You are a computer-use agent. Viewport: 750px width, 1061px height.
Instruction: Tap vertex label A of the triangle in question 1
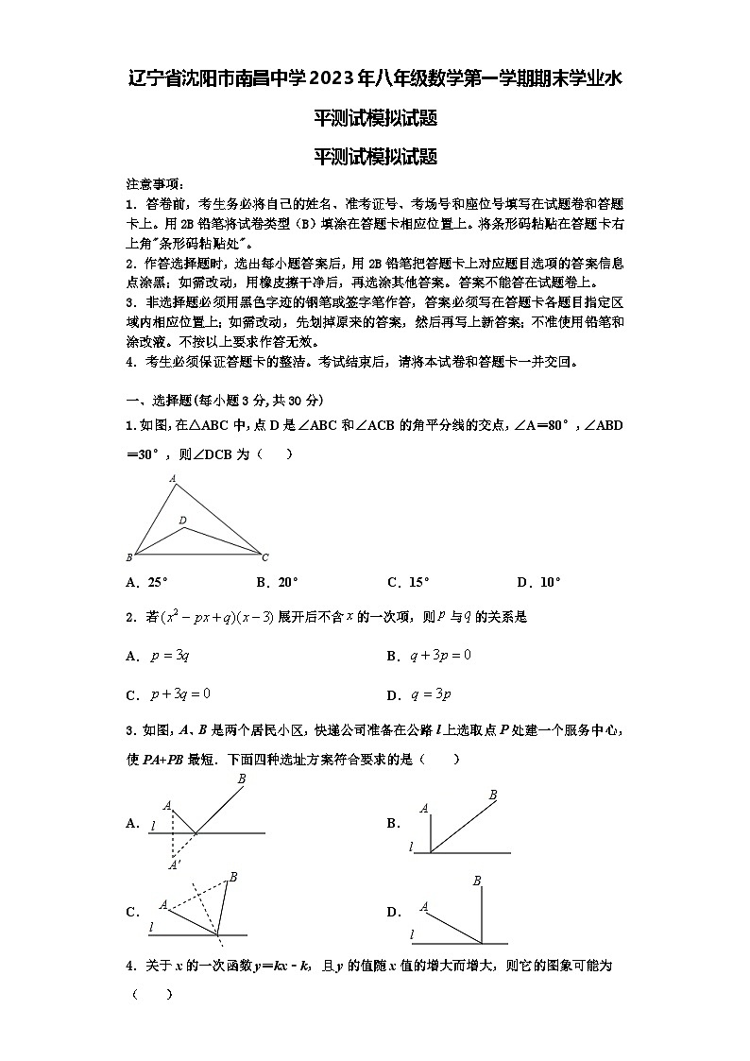[173, 479]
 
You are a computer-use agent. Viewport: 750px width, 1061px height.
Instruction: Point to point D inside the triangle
[182, 521]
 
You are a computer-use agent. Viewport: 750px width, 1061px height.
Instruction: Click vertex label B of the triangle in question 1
[129, 557]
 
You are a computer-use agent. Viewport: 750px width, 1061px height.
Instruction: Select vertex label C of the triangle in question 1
[265, 557]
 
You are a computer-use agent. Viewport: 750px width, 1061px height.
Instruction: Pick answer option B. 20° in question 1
[277, 583]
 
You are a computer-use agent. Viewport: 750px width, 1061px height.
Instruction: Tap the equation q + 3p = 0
[440, 656]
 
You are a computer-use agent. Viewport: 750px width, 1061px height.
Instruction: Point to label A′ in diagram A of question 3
[174, 864]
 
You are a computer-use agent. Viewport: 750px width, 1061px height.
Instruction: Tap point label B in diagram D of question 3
[477, 881]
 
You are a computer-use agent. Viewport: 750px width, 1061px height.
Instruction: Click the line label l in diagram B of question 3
[411, 847]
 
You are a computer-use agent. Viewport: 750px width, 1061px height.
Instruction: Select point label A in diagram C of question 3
[163, 904]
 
